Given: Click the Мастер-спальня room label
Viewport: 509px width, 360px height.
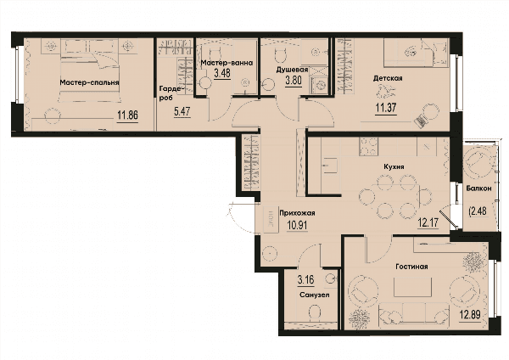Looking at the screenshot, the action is (x=89, y=82).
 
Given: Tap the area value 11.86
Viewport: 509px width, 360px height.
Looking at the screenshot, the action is (x=127, y=115).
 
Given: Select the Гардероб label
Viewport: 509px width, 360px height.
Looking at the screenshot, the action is (x=171, y=93).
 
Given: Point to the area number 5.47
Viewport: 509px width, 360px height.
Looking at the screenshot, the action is (x=182, y=112).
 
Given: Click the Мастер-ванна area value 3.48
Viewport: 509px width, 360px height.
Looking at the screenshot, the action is (x=222, y=73).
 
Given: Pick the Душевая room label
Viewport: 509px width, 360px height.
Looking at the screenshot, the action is (x=292, y=70).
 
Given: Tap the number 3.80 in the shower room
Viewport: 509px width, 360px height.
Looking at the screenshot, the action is (x=294, y=80).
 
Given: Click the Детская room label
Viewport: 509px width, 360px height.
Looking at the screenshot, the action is (x=388, y=78).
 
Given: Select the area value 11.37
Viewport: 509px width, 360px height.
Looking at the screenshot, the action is (x=386, y=107).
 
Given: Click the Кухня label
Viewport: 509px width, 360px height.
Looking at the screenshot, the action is (x=394, y=166).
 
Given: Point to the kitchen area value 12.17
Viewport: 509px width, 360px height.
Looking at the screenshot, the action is (x=428, y=223).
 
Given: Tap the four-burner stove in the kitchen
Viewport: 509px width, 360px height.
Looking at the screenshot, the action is (x=369, y=146).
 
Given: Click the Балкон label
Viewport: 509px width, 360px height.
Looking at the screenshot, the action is (x=478, y=188).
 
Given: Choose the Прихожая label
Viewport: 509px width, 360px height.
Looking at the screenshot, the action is (x=298, y=213).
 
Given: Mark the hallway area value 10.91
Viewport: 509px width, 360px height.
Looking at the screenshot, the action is (x=297, y=224).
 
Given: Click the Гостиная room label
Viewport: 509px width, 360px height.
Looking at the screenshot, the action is (x=411, y=267).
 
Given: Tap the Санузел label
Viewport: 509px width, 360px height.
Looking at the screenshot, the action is (x=315, y=295).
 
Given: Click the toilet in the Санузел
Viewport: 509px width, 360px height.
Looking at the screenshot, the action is (x=314, y=312).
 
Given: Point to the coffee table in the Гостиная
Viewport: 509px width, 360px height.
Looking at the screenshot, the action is (x=413, y=287).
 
